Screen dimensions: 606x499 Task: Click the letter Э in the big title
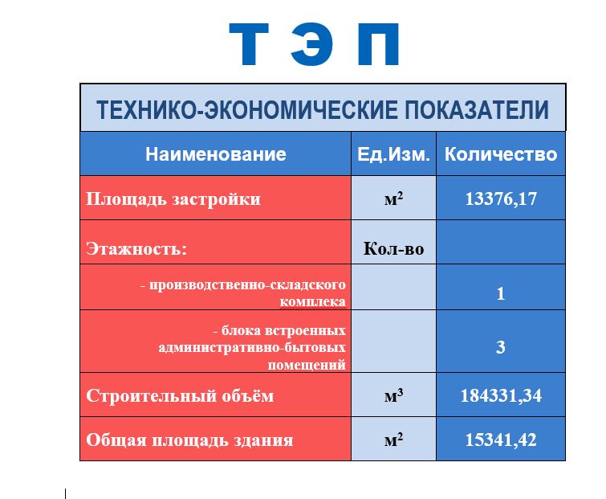311,44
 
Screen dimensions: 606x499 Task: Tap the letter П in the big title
378,44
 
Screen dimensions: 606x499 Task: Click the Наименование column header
216,154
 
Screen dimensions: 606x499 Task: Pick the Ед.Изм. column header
393,154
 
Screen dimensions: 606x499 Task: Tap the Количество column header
501,154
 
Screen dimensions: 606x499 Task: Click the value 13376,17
501,198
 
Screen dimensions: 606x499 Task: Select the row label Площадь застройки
173,199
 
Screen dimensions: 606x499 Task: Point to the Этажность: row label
136,248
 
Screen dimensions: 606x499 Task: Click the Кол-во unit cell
393,248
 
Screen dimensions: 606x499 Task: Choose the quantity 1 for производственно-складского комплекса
501,294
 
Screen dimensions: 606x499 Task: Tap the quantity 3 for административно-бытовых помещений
501,347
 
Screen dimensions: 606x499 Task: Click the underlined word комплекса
313,301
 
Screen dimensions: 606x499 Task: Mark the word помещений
307,365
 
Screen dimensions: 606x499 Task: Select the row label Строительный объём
180,395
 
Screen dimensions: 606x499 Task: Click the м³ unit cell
393,395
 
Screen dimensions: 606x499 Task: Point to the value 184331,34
501,395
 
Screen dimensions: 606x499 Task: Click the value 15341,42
501,440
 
